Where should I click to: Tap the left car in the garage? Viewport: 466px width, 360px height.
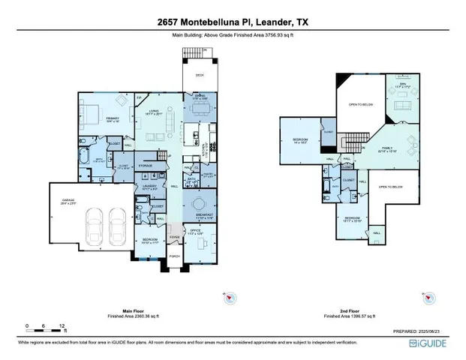click(x=96, y=221)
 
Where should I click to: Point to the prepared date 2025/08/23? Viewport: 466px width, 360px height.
click(x=439, y=331)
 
